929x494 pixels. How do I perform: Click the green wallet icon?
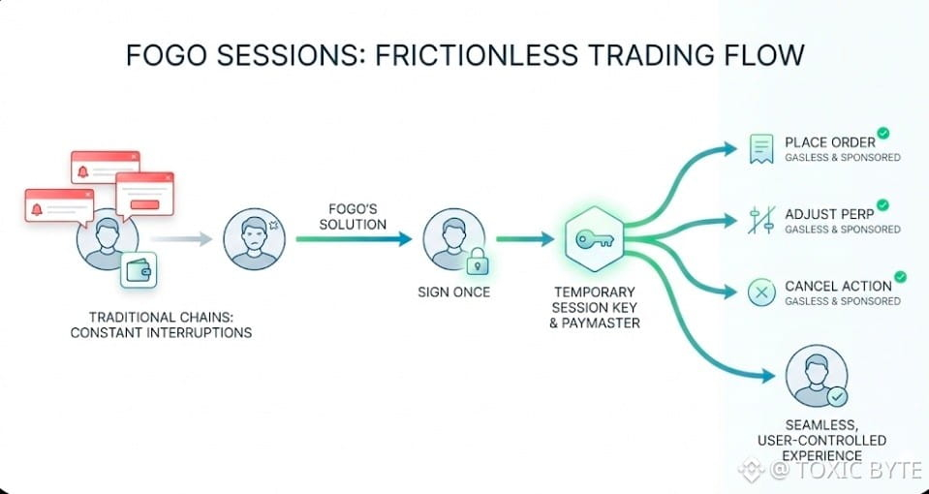pos(139,270)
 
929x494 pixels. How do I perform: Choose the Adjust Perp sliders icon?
pos(760,220)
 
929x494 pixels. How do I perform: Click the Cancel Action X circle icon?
pos(760,292)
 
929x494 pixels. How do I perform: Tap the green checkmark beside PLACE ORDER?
pos(883,135)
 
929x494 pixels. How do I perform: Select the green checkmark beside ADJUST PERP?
pos(883,205)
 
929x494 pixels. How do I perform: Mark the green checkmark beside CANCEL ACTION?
pos(900,277)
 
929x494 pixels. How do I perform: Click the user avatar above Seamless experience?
pos(817,377)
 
